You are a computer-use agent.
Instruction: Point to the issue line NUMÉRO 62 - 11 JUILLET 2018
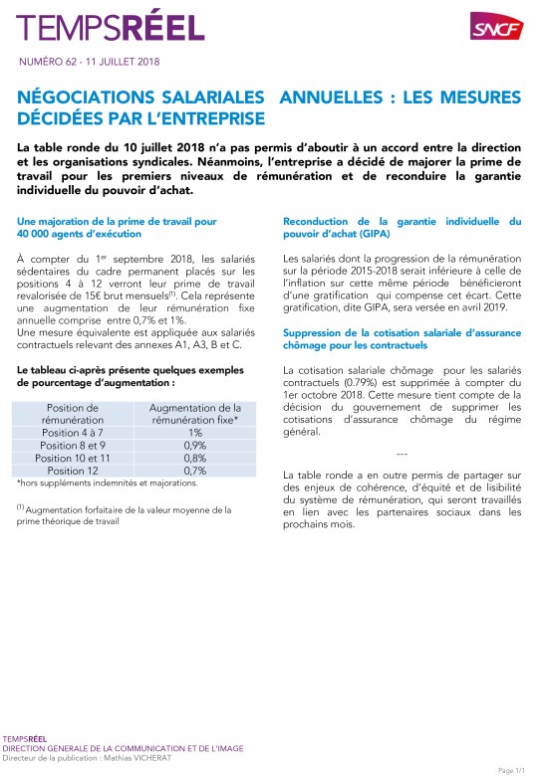pyautogui.click(x=89, y=62)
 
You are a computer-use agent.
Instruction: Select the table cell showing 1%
pyautogui.click(x=194, y=433)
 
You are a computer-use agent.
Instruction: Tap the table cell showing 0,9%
pyautogui.click(x=194, y=446)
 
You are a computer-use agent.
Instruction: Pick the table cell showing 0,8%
pyautogui.click(x=194, y=458)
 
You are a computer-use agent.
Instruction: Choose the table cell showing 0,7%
pyautogui.click(x=194, y=470)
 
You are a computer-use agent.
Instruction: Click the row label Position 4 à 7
pyautogui.click(x=74, y=433)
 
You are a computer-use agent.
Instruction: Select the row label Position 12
pyautogui.click(x=74, y=470)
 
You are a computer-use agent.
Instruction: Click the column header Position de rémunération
pyautogui.click(x=74, y=414)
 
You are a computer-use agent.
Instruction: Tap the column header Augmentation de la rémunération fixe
pyautogui.click(x=194, y=414)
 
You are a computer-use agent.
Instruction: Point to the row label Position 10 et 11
pyautogui.click(x=74, y=458)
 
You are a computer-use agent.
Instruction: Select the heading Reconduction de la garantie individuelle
pyautogui.click(x=402, y=226)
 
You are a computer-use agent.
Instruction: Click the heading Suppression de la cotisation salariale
pyautogui.click(x=402, y=339)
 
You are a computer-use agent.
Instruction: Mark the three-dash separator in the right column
pyautogui.click(x=402, y=453)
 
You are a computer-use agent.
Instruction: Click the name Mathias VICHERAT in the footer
pyautogui.click(x=114, y=759)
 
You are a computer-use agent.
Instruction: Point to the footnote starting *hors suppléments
pyautogui.click(x=107, y=484)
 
